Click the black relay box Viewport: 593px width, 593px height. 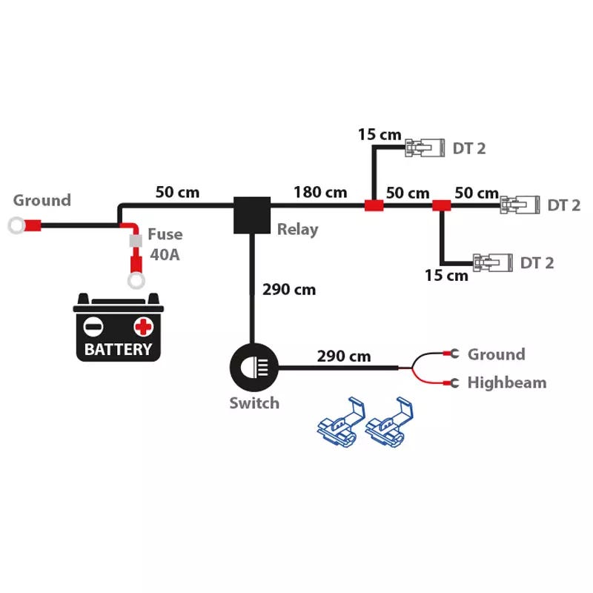tap(252, 215)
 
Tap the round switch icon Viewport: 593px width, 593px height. tap(254, 367)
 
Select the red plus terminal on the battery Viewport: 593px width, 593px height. tap(143, 327)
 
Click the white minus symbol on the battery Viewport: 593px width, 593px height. tap(93, 327)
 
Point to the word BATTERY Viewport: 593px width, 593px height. tap(118, 349)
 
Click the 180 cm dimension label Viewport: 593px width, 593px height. tap(320, 192)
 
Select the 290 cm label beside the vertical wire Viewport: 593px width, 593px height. tap(289, 290)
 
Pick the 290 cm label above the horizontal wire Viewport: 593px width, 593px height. tap(344, 357)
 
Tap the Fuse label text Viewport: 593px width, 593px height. tap(165, 234)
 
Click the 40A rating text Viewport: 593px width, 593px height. tap(165, 254)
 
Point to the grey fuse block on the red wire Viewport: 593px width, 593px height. tap(136, 240)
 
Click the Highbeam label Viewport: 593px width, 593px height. tap(507, 382)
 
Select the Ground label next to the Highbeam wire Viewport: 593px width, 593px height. tap(497, 354)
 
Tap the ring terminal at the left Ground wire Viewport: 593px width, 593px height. tap(16, 226)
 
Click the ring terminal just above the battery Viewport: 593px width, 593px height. tap(136, 281)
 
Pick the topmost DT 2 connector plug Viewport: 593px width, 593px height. tap(425, 148)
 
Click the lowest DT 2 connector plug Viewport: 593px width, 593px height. tap(493, 262)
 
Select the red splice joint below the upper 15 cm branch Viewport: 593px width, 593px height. tap(374, 206)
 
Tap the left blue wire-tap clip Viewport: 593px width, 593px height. tap(341, 423)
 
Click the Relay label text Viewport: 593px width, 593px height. tap(298, 230)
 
